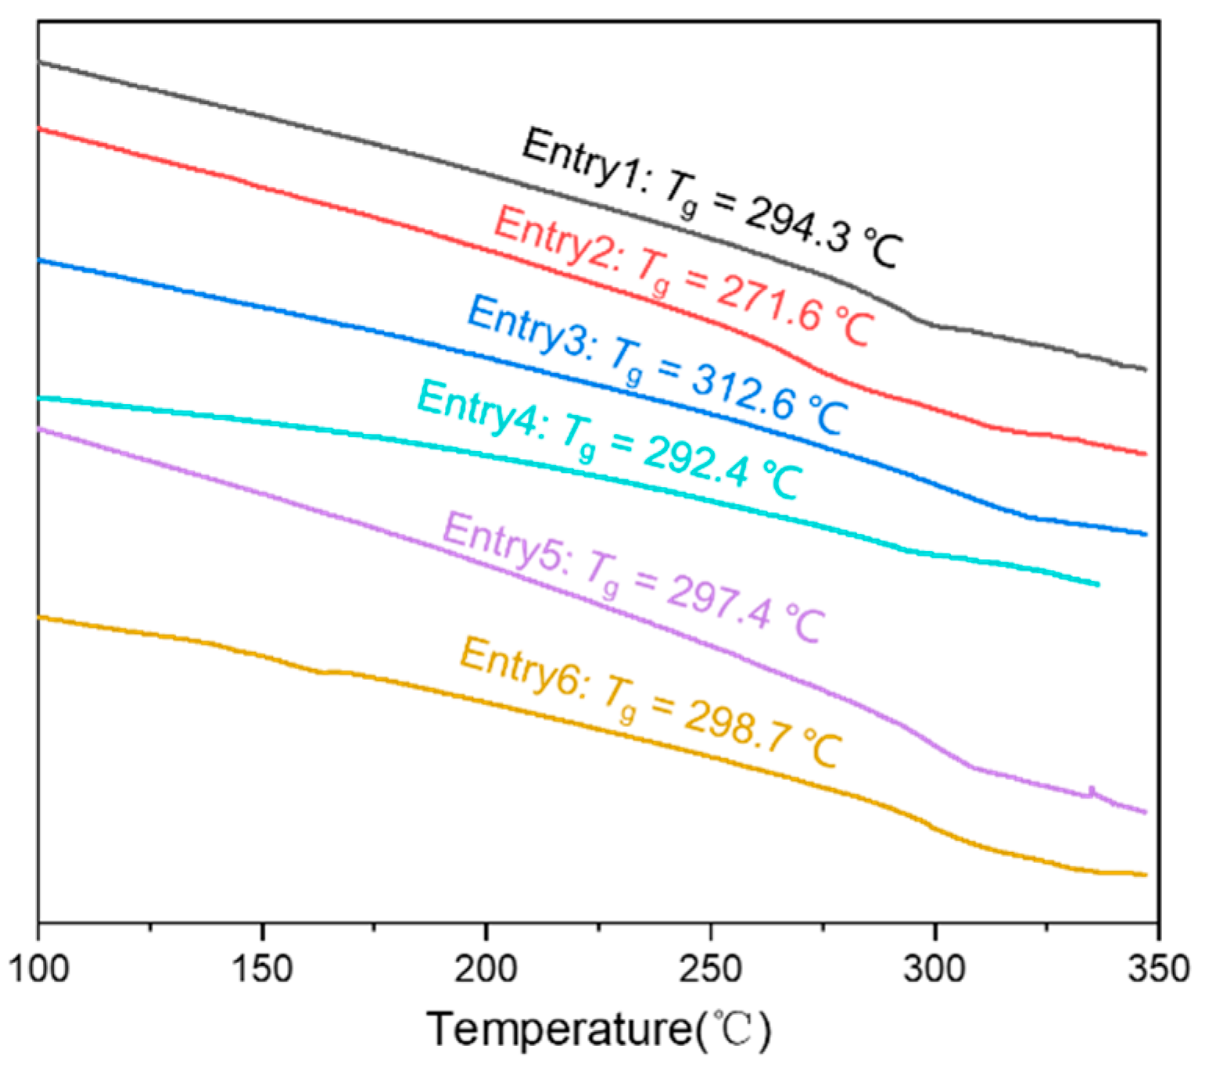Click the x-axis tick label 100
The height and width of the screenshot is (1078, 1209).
(38, 969)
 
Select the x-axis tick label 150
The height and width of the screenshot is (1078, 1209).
(262, 969)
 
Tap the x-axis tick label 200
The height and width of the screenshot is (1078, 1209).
(486, 969)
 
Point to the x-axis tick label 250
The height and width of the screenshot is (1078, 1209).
(710, 969)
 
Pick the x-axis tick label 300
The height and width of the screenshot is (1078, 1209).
(935, 969)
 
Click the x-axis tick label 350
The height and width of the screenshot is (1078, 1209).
(1158, 969)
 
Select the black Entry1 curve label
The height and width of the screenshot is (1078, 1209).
(712, 199)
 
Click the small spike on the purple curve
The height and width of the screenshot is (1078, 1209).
(1092, 790)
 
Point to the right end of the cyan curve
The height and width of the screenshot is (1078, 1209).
(1098, 584)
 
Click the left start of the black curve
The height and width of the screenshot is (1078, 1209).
(40, 61)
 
